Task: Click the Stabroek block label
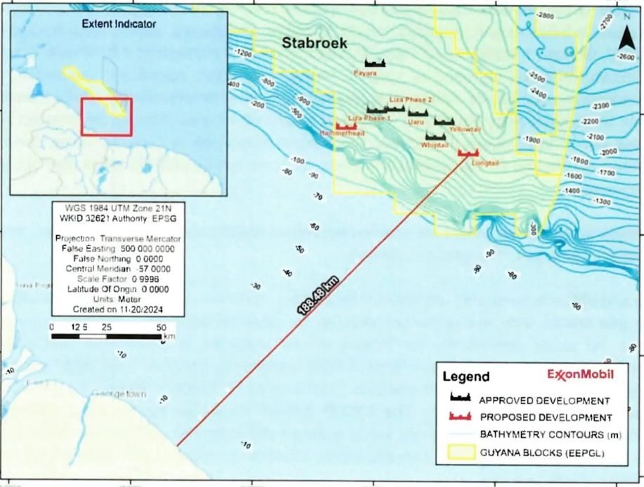coord(315,43)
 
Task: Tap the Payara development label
coord(366,72)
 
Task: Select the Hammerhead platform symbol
coord(346,126)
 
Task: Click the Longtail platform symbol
coord(467,152)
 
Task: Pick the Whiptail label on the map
coord(435,145)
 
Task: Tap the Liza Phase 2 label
coord(410,100)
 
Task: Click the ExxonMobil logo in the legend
coord(580,374)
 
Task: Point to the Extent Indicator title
coord(119,24)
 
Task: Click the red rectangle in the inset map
coord(106,116)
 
